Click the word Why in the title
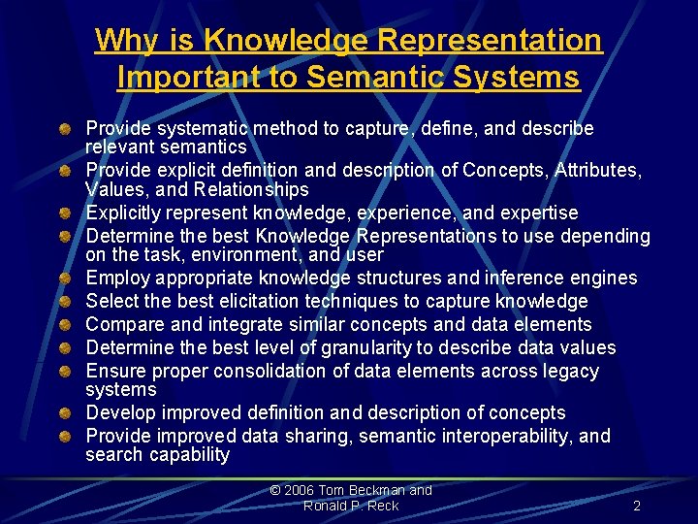tap(121, 41)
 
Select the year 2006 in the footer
tap(301, 490)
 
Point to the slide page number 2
tap(636, 506)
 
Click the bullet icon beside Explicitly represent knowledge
tap(63, 213)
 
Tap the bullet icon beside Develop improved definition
tap(63, 412)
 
